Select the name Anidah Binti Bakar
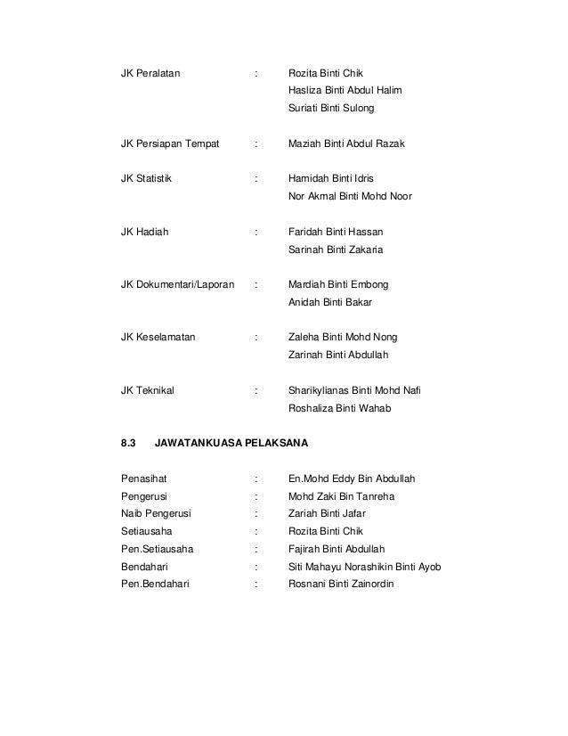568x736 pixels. tap(330, 303)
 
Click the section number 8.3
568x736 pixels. tap(127, 443)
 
